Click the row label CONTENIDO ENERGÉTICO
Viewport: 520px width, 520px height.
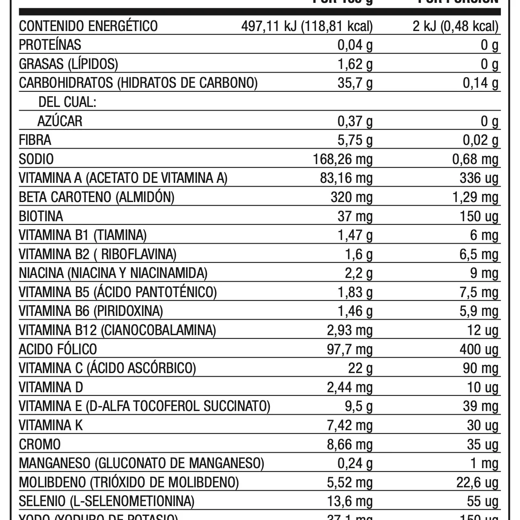(x=88, y=26)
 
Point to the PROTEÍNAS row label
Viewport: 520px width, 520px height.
(x=50, y=45)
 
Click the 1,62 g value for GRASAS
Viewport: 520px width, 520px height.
(x=355, y=64)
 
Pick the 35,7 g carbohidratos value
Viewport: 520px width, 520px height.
(x=355, y=83)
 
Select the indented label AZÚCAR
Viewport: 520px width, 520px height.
(x=60, y=121)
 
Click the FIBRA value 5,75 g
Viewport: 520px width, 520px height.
(x=355, y=140)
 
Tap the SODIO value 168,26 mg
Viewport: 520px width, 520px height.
(x=343, y=159)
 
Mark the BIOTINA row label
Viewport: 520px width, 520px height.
(x=41, y=216)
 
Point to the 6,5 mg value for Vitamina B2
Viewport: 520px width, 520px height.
(x=479, y=255)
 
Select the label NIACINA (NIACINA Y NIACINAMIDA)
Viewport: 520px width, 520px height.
(x=113, y=273)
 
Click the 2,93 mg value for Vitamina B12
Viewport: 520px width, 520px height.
(x=350, y=330)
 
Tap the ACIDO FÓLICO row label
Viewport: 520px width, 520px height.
(x=58, y=349)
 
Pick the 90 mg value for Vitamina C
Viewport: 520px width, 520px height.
(x=482, y=369)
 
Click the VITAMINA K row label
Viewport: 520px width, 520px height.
(x=51, y=425)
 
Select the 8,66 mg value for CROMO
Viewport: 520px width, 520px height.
(x=350, y=444)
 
